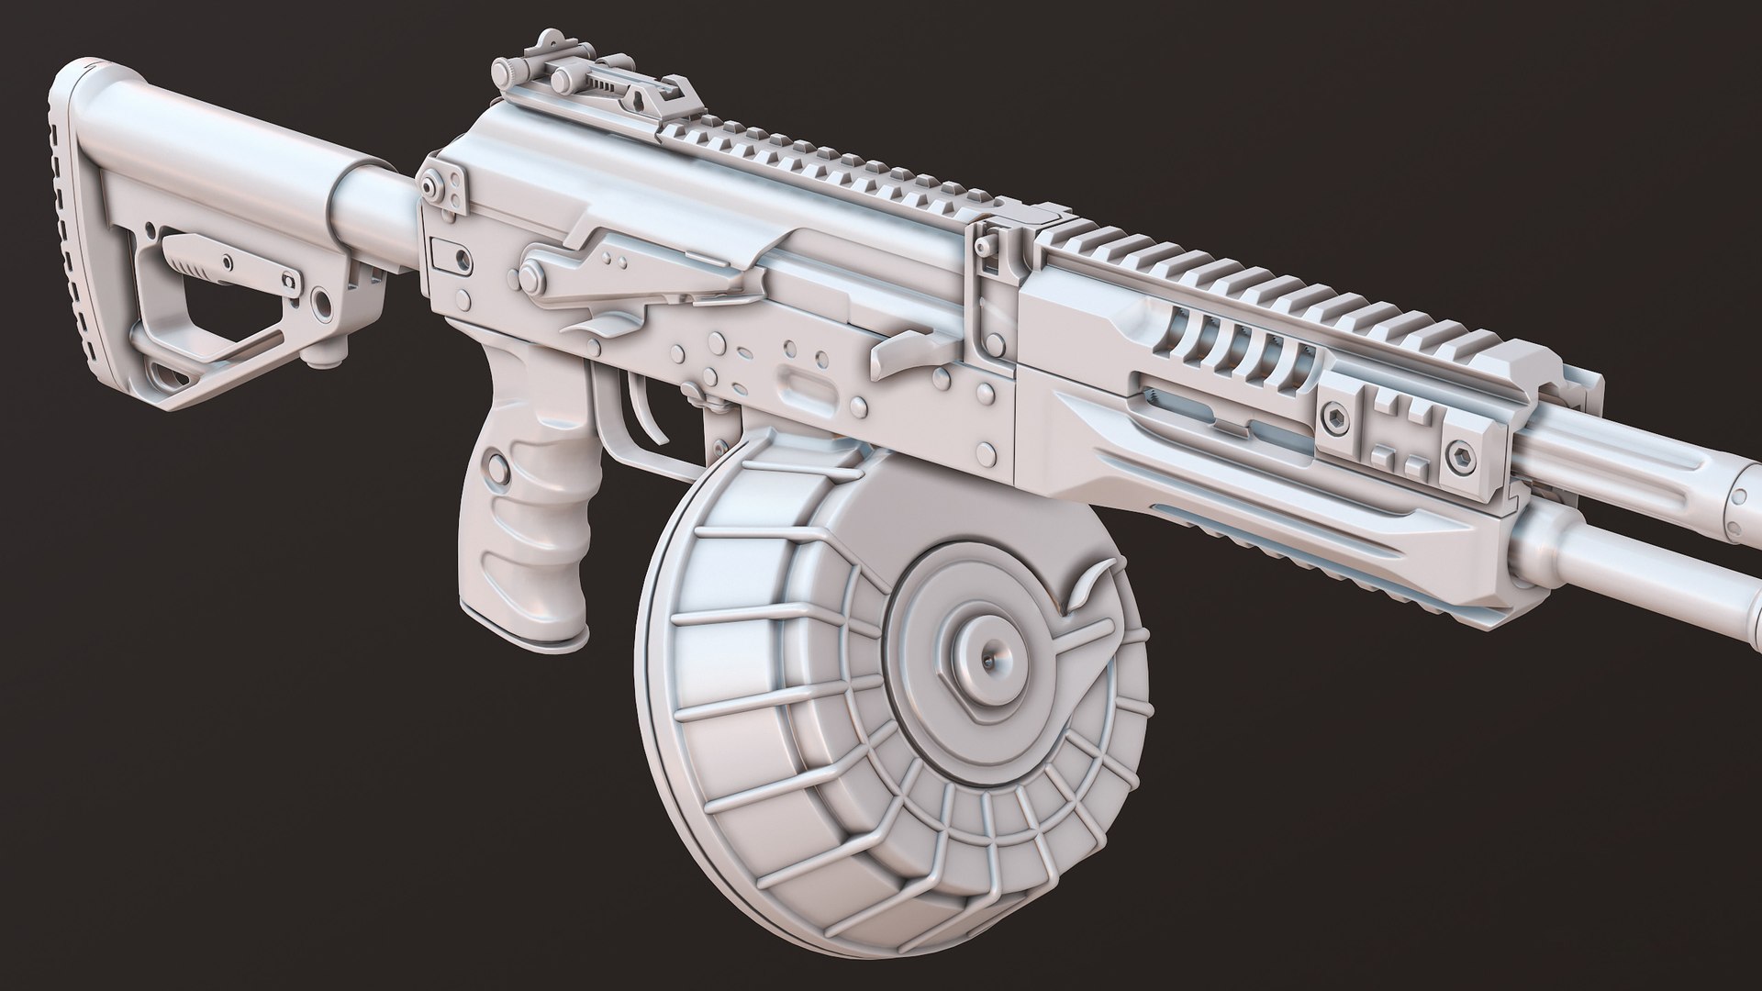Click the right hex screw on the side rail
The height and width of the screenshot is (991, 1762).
tap(1462, 454)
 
